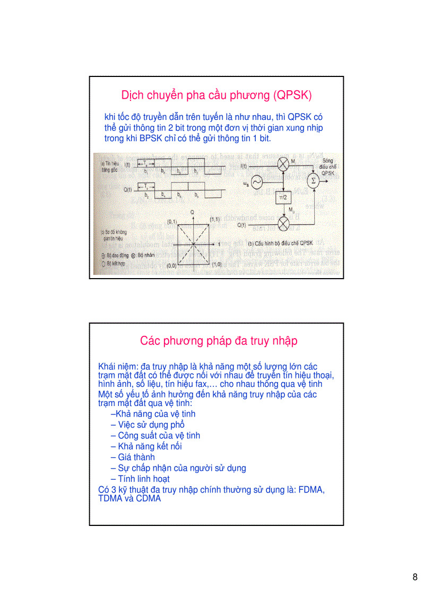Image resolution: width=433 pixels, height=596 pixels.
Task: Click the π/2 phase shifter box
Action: pyautogui.click(x=283, y=198)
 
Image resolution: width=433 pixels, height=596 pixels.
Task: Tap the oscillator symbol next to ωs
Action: pyautogui.click(x=256, y=183)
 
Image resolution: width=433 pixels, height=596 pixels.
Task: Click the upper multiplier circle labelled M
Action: pyautogui.click(x=284, y=166)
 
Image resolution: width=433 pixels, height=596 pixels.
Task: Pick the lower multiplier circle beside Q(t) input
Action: pyautogui.click(x=284, y=224)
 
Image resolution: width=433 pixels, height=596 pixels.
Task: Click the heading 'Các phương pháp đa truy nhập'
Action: pyautogui.click(x=219, y=341)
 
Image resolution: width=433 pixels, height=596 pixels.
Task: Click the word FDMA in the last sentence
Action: pyautogui.click(x=311, y=489)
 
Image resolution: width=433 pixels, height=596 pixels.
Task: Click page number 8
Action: pyautogui.click(x=415, y=577)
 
